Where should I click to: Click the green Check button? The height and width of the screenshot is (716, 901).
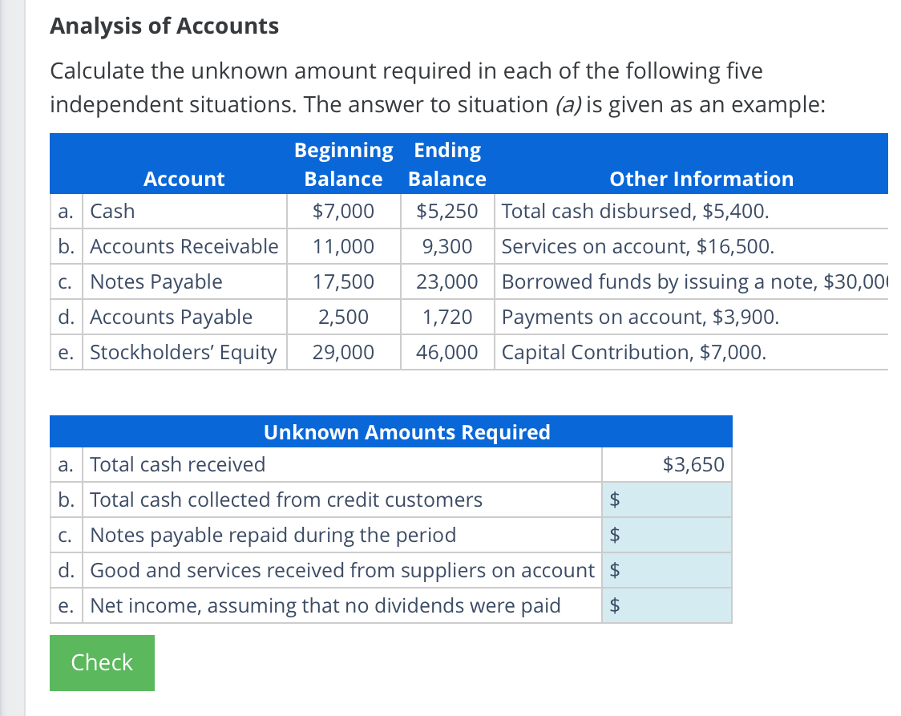102,662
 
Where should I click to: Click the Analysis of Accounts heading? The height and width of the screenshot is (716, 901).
164,26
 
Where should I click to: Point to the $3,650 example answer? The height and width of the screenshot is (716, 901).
693,464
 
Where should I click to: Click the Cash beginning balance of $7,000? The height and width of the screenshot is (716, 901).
343,212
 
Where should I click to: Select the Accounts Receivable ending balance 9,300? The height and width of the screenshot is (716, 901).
447,246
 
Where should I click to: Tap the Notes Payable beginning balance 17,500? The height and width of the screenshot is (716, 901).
343,281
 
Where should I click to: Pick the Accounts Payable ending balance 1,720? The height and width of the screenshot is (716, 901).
447,317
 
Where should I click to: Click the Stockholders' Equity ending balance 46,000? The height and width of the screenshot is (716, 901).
447,352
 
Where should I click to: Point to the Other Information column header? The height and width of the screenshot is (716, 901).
701,179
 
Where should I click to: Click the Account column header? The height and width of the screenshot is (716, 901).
184,179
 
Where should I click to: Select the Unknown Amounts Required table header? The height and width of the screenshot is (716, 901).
406,432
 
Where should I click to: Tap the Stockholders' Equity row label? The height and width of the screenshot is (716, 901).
183,352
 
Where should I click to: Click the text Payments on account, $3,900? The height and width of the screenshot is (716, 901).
640,317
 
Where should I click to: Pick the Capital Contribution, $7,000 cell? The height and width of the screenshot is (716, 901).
633,352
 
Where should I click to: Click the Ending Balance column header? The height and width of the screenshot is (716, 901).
447,164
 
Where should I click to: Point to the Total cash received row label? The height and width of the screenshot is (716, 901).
177,464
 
